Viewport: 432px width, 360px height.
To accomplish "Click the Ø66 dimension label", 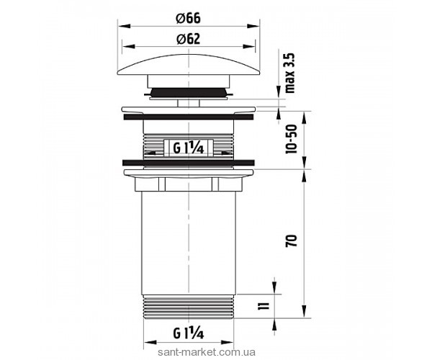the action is coord(188,19).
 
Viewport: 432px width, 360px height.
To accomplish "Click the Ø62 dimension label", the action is coord(188,39).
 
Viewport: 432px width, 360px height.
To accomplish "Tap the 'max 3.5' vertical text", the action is coord(290,73).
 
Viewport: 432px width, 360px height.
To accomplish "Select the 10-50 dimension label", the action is coord(292,139).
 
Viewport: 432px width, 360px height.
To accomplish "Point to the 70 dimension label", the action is coord(292,240).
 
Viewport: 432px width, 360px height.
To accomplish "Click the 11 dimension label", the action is coord(264,306).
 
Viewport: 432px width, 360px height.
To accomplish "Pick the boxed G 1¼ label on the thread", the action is coord(189,148).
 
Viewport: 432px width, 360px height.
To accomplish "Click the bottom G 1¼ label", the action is coord(189,333).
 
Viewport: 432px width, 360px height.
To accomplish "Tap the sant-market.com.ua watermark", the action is coord(207,352).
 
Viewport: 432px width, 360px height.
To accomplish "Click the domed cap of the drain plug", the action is coord(189,65).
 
